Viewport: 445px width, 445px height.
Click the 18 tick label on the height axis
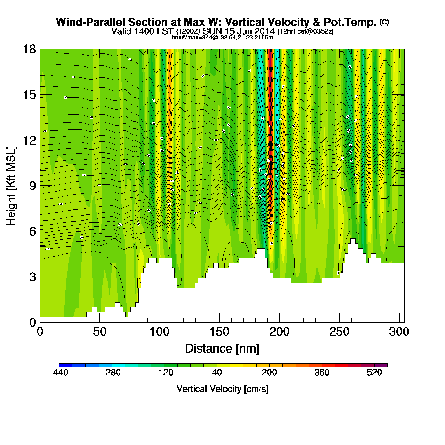[x=29, y=49]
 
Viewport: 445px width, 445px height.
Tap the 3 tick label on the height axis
[x=32, y=277]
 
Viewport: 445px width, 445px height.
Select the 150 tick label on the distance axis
[x=219, y=332]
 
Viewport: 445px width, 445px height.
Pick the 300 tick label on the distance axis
[x=399, y=332]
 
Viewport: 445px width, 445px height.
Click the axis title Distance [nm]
[x=222, y=349]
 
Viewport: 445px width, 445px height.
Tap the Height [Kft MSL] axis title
[x=11, y=186]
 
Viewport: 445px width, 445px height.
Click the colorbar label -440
[x=59, y=373]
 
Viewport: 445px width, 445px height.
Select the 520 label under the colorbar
[x=374, y=373]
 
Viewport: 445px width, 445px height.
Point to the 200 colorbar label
[x=269, y=373]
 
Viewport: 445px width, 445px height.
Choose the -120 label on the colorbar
[x=164, y=373]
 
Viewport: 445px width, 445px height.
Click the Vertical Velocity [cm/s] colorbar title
[x=222, y=389]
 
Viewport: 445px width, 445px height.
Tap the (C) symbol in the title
[x=384, y=22]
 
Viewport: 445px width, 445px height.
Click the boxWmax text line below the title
[x=222, y=37]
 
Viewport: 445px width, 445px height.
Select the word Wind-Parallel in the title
[x=91, y=22]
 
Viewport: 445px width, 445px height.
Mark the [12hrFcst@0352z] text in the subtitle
[x=305, y=32]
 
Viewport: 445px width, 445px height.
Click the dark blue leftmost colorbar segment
[x=66, y=365]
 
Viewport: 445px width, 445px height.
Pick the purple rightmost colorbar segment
[x=381, y=365]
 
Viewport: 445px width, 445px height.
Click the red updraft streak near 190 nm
[x=270, y=127]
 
